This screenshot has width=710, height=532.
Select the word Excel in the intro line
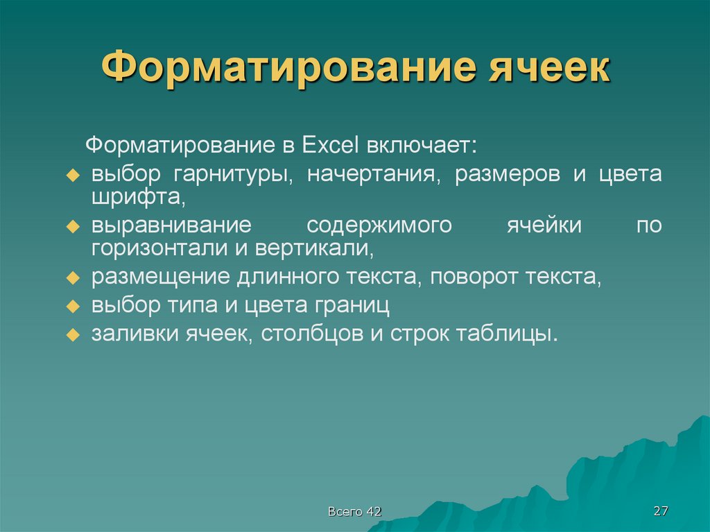(x=329, y=146)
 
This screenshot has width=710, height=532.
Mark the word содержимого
(x=379, y=226)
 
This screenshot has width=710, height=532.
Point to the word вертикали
(x=316, y=248)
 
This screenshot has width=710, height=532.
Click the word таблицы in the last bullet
(x=506, y=334)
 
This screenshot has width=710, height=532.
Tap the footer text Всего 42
(x=354, y=512)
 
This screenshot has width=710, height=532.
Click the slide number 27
(x=660, y=511)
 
